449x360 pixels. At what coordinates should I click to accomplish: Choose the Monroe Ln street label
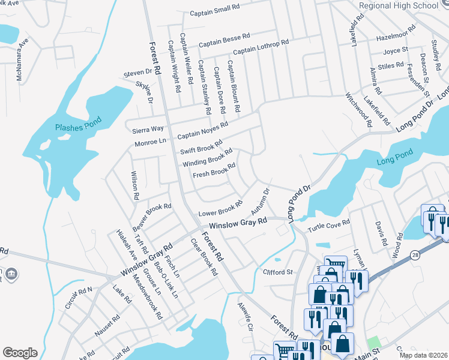point(150,142)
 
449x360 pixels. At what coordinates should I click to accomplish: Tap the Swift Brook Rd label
point(201,148)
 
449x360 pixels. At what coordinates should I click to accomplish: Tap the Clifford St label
point(277,272)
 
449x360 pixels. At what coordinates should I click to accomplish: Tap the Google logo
point(20,352)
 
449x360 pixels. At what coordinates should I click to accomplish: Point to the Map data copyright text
point(423,355)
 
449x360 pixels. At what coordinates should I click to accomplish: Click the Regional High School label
point(399,5)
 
